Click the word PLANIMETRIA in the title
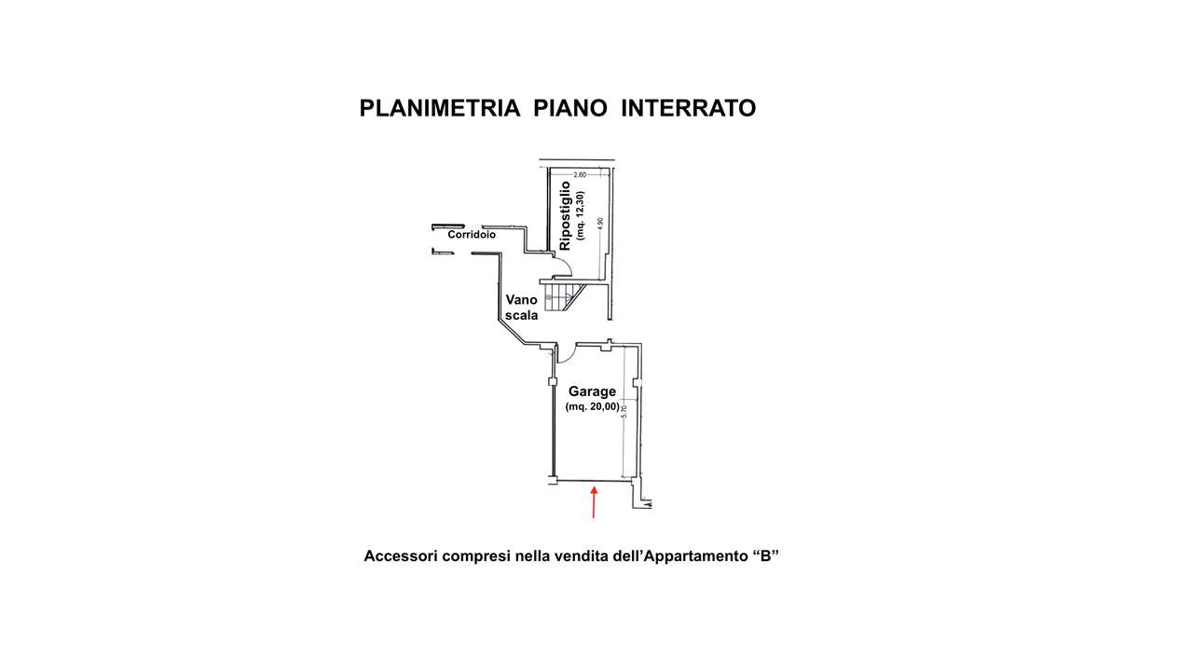pos(440,109)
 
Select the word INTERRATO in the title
pos(688,109)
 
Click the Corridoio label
pos(472,235)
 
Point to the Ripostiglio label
pos(565,215)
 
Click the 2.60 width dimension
pos(579,174)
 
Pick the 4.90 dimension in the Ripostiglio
pos(600,225)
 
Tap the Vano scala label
pos(522,308)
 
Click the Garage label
pos(592,391)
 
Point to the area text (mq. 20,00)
pos(592,407)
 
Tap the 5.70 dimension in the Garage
pos(624,411)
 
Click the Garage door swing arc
pos(565,352)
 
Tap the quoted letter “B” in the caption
pos(764,556)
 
